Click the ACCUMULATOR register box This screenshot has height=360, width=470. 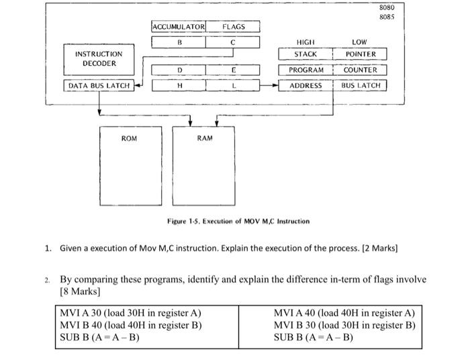(x=179, y=27)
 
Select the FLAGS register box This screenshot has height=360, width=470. (x=233, y=27)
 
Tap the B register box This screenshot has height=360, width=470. (x=179, y=42)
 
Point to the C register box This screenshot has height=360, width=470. (x=233, y=42)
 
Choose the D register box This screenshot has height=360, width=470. (x=179, y=69)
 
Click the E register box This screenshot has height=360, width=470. (x=233, y=69)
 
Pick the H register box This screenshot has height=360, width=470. (x=179, y=85)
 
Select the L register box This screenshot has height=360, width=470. (x=233, y=85)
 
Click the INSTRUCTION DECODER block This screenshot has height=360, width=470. (x=99, y=58)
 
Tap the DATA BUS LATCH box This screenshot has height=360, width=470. (x=99, y=85)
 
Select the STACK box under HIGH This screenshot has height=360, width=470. (x=305, y=54)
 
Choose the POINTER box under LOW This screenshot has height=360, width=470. (x=361, y=54)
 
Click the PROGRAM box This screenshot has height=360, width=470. (x=305, y=70)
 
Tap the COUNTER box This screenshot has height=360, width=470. (x=361, y=70)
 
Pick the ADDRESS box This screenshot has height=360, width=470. (x=305, y=85)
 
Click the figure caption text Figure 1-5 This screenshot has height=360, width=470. (x=238, y=221)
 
